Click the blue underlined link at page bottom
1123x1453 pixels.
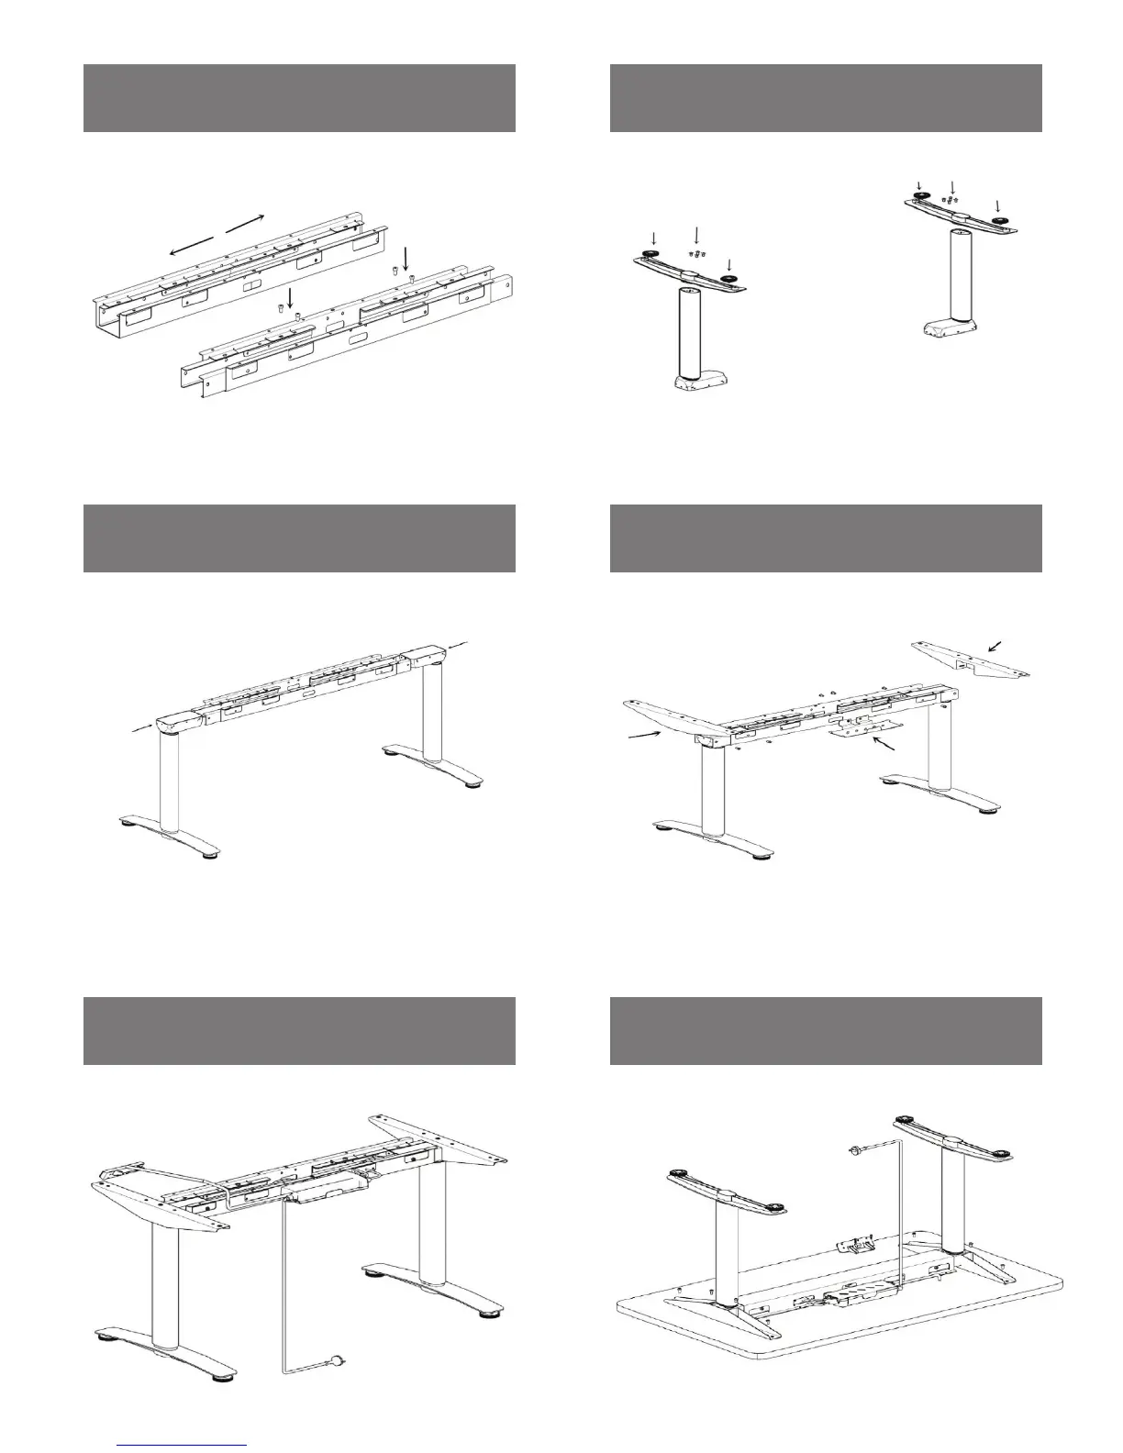coord(183,1444)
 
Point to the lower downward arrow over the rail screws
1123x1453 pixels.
coord(290,296)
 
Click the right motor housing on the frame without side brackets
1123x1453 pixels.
coord(423,658)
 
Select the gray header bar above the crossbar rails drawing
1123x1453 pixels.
coord(299,98)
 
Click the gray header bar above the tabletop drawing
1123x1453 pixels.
coord(826,1031)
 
